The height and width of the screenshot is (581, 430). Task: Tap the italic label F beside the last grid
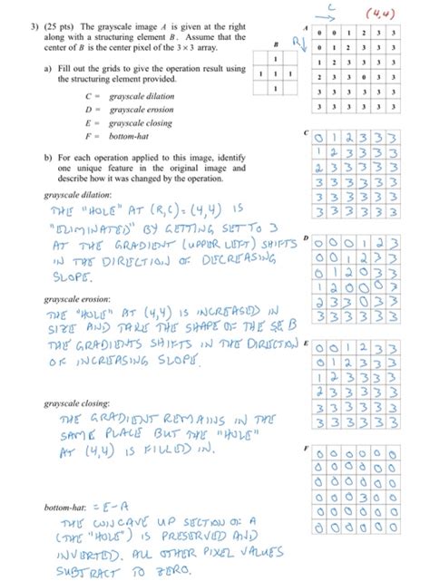308,448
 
